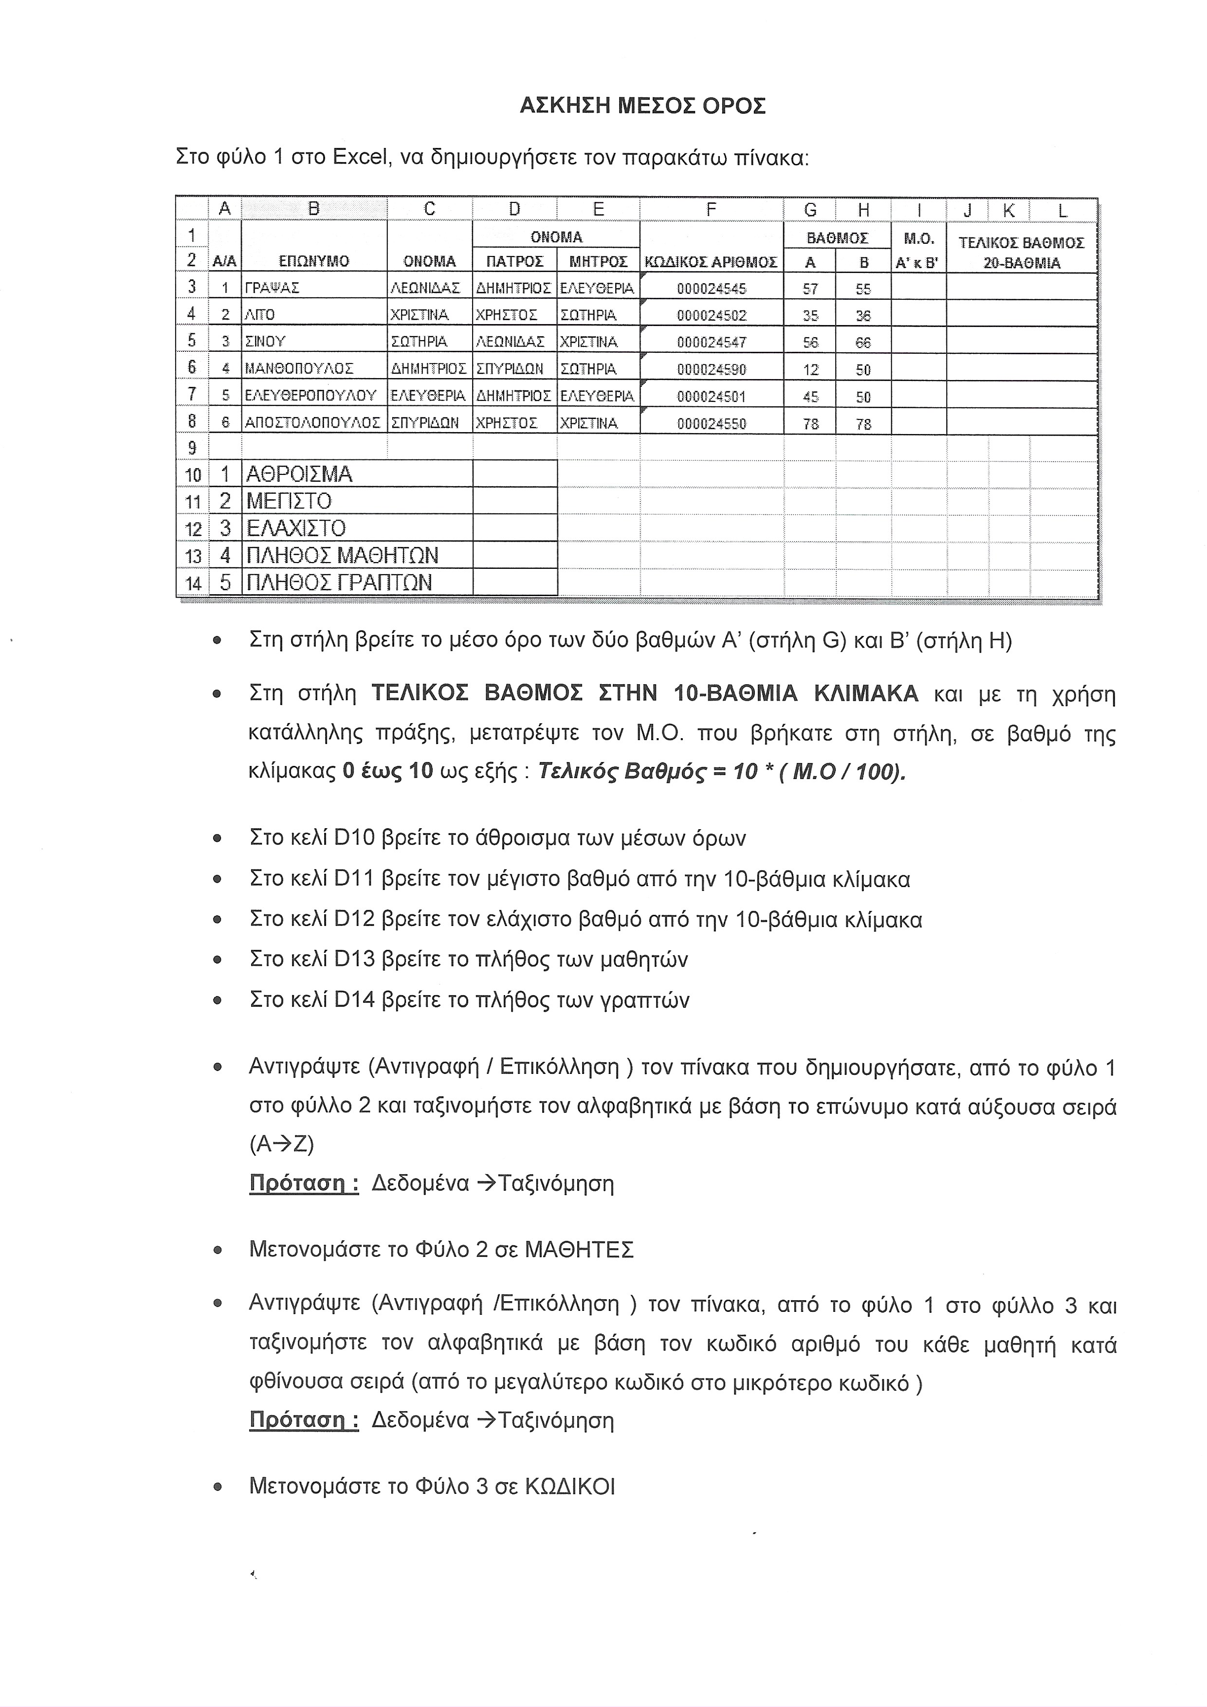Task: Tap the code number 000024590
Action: coord(711,369)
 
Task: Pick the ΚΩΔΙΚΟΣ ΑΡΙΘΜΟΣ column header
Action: coord(711,262)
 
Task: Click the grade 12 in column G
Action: coord(811,369)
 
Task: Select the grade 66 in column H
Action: coord(863,343)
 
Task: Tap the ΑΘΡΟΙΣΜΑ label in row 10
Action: coord(299,474)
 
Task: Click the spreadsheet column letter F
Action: coord(711,210)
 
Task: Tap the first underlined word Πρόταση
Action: coord(303,1183)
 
